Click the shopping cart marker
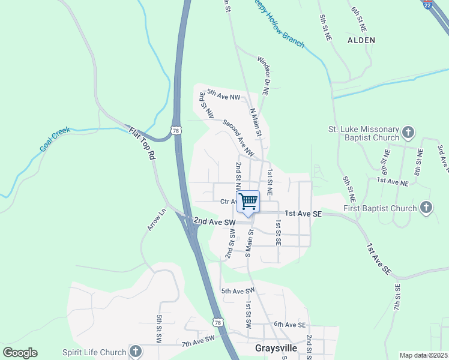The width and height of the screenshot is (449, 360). click(x=249, y=202)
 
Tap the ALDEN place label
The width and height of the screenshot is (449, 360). click(x=361, y=40)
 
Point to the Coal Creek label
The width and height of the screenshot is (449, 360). click(x=55, y=139)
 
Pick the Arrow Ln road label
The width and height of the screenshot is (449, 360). click(x=156, y=220)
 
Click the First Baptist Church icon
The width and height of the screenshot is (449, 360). click(x=426, y=208)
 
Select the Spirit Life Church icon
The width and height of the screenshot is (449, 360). click(x=136, y=352)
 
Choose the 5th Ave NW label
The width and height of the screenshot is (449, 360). click(x=223, y=95)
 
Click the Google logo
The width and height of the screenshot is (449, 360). click(x=20, y=353)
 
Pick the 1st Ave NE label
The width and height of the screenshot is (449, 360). click(x=393, y=180)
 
